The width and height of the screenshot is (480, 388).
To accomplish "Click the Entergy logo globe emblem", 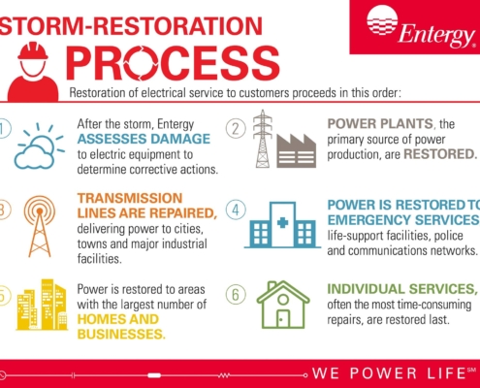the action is click(382, 19).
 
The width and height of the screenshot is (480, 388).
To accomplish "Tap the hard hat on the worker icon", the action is click(33, 51).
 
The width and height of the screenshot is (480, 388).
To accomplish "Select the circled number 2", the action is click(236, 129).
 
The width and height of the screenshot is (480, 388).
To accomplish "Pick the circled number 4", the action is click(236, 210).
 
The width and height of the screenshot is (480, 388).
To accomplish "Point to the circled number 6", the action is click(236, 295).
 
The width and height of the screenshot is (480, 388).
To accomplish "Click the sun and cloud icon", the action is click(39, 146).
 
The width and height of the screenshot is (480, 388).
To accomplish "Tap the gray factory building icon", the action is click(296, 150).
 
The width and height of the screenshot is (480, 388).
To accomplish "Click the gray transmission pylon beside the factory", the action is click(263, 139).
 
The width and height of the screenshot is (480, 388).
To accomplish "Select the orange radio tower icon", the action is click(40, 226).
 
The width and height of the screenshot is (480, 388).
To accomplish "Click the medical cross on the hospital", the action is click(283, 222).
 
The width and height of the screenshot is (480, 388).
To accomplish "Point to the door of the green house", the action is click(283, 319).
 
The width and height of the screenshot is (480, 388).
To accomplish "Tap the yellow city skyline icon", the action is click(42, 305).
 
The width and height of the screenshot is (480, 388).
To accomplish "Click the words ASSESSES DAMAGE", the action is click(144, 139).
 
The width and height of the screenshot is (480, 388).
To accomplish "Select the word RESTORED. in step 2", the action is click(440, 154).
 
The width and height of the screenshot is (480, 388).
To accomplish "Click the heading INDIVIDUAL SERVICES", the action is click(402, 289).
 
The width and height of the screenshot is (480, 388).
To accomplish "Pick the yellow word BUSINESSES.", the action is click(121, 334).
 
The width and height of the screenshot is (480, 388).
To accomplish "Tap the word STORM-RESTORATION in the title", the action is click(131, 26).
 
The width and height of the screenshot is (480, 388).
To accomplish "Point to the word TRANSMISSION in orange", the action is click(130, 198).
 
